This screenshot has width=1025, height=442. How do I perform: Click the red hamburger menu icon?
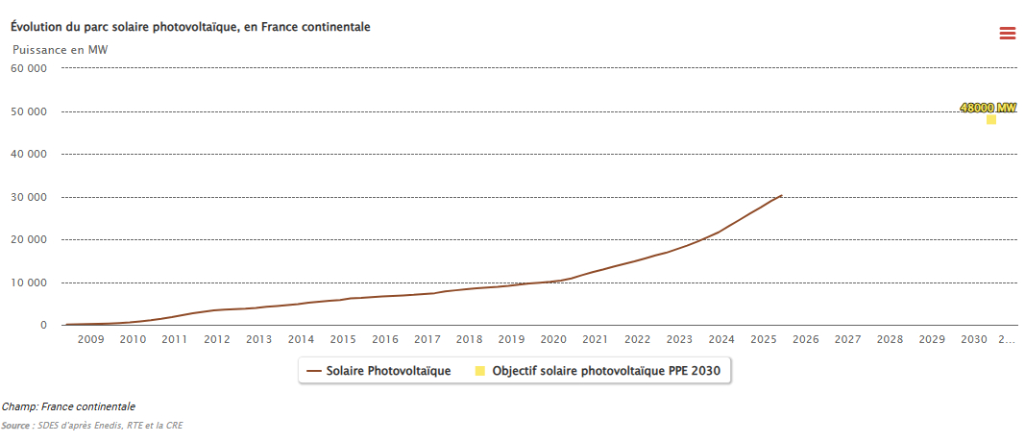pos(1007,34)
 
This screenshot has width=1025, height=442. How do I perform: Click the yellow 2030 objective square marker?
pos(991,119)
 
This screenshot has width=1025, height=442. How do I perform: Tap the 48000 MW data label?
pos(988,108)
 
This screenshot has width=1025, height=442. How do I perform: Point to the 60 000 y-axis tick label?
pos(29,68)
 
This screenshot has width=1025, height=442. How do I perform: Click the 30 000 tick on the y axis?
pos(29,197)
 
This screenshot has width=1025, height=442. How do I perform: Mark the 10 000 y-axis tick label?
pos(29,282)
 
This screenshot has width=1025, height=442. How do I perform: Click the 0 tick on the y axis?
pos(43,326)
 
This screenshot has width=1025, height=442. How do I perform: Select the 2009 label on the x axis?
pos(90,339)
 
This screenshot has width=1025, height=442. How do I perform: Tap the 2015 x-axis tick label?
pos(343,339)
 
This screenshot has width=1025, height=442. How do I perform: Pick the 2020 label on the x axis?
pos(553,339)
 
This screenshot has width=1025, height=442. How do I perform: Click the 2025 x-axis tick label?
pos(764,339)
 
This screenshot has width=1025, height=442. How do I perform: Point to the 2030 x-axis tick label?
pos(974,339)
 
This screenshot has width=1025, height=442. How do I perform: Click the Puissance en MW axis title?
pos(60,49)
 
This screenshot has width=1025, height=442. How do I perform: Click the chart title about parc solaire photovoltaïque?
pos(190,27)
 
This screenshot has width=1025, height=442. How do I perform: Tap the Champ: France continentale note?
pos(68,406)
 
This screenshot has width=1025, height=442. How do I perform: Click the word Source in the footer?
pos(15,425)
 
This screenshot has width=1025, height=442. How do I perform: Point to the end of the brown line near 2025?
pos(781,195)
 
